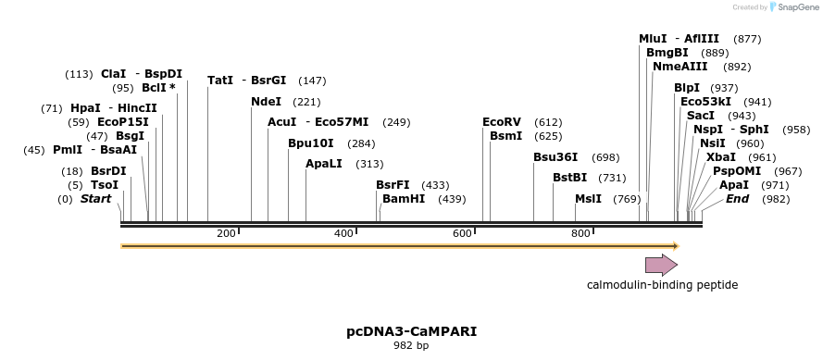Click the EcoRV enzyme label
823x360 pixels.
(x=502, y=122)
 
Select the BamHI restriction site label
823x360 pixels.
(x=404, y=199)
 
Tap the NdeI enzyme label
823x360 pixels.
(x=266, y=102)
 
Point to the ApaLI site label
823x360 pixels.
(x=324, y=164)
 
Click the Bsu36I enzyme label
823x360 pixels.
(x=555, y=157)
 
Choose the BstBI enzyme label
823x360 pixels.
(x=570, y=178)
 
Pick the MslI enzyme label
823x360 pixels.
(x=588, y=199)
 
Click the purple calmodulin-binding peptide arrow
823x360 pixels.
(x=661, y=266)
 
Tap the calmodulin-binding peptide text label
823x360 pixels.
(x=662, y=285)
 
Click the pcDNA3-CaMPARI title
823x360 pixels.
(x=411, y=330)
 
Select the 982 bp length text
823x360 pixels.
(x=411, y=346)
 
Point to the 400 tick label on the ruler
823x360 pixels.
(x=343, y=234)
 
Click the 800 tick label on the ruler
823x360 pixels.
(x=580, y=234)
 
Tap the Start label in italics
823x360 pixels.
(x=95, y=199)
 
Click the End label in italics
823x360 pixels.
(x=737, y=199)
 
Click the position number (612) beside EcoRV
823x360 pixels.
(x=548, y=122)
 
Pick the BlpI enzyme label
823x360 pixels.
(x=687, y=88)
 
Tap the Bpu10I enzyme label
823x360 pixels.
(x=311, y=143)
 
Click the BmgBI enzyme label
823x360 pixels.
(x=667, y=53)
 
